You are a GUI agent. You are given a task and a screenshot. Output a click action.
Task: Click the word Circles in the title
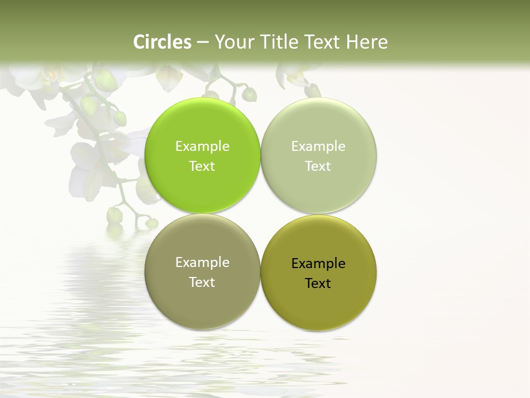[x=162, y=42]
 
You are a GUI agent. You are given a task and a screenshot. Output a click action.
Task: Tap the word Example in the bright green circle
[x=202, y=146]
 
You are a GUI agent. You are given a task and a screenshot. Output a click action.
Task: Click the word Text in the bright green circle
[x=202, y=166]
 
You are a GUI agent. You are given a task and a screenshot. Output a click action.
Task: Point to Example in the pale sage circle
[x=319, y=146]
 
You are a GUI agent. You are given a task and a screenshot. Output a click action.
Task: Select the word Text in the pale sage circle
[x=319, y=166]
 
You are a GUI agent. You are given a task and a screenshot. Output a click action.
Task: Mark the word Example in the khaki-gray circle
[x=202, y=263]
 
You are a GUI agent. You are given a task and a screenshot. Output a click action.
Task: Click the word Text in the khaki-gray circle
[x=202, y=282]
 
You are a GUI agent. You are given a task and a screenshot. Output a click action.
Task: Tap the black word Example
[x=319, y=264]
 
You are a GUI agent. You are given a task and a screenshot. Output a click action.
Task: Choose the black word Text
[x=319, y=284]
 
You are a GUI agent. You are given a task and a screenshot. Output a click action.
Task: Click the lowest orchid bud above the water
[x=151, y=223]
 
